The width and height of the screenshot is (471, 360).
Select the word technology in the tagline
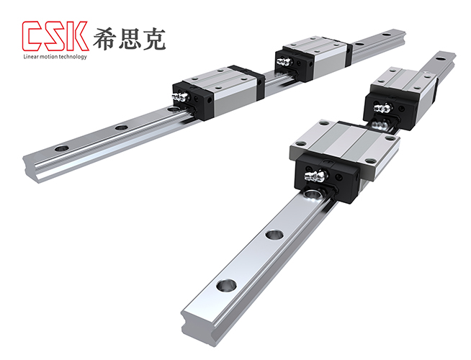pos(74,56)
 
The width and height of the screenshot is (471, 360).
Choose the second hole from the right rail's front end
pos(272,235)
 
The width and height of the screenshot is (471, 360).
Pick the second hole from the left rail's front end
pos(121,127)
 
